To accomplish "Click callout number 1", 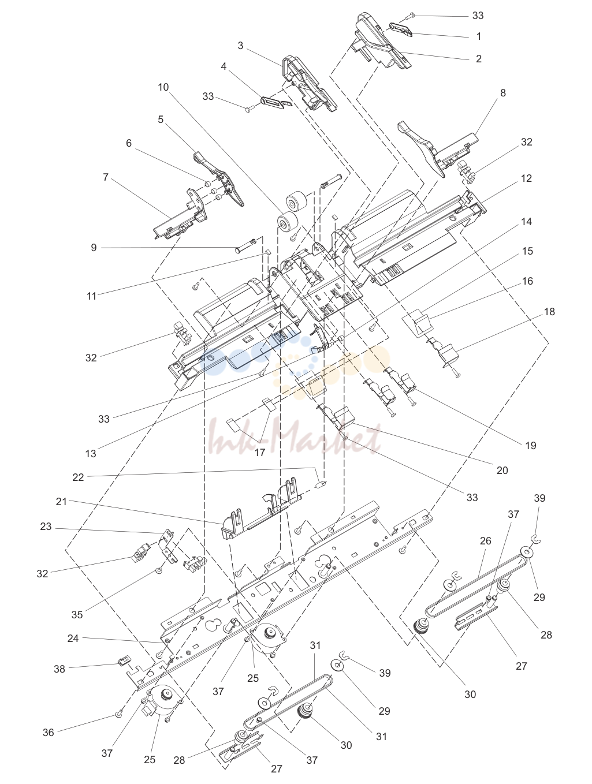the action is coord(479,36).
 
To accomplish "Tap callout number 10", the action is coord(163,87).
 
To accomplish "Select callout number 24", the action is coord(73,639).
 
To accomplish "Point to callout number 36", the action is coord(49,733).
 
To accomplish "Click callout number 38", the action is coord(59,669).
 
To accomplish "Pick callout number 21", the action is coord(61,502).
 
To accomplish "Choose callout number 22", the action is coord(78,477).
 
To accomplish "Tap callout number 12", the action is coord(526,178).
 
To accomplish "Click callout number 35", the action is coord(77,615).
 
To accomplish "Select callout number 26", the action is coord(486,541).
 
